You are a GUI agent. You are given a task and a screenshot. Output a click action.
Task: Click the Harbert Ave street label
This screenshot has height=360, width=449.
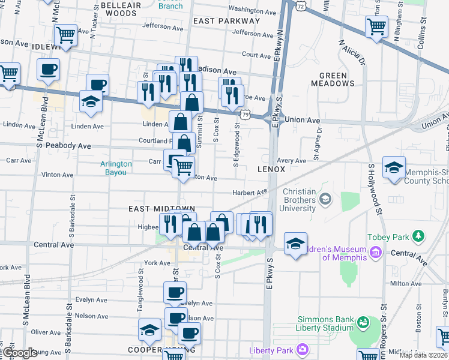click(x=250, y=193)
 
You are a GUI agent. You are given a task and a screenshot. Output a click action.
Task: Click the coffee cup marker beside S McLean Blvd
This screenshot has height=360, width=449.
click(x=49, y=68)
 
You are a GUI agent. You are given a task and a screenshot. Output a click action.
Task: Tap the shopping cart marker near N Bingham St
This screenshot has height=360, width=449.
click(x=376, y=26)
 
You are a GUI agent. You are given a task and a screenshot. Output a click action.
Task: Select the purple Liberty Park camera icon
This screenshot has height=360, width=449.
click(x=303, y=349)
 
